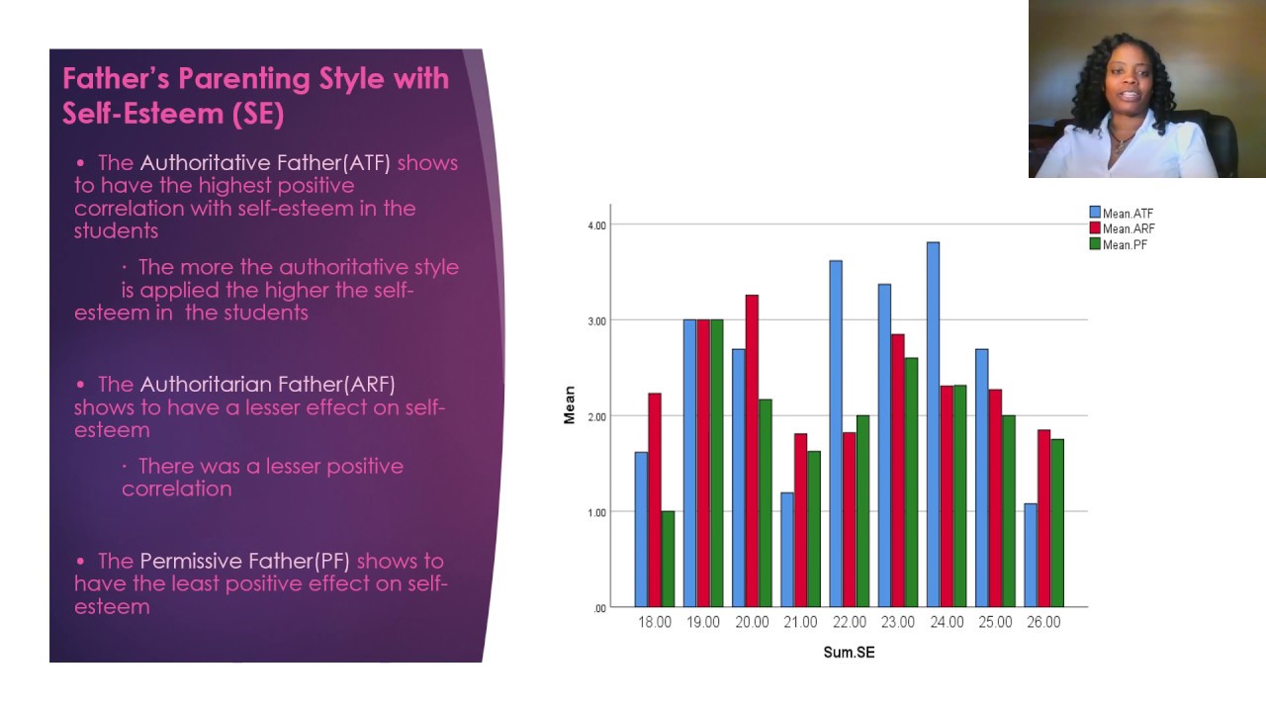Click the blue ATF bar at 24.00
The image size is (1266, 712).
pos(933,424)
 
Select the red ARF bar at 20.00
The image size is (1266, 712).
pos(752,450)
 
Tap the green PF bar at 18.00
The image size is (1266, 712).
pos(668,559)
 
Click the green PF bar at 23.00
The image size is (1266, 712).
pos(911,482)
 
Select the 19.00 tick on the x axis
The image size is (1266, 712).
pos(703,623)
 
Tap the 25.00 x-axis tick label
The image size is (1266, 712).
pos(995,623)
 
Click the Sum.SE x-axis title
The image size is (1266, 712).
pos(849,653)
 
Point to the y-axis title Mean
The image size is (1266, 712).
pos(569,405)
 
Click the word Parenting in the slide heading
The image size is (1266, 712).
pos(229,79)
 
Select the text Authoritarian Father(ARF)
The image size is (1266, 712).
pos(267,384)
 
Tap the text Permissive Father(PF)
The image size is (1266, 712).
pos(244,561)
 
